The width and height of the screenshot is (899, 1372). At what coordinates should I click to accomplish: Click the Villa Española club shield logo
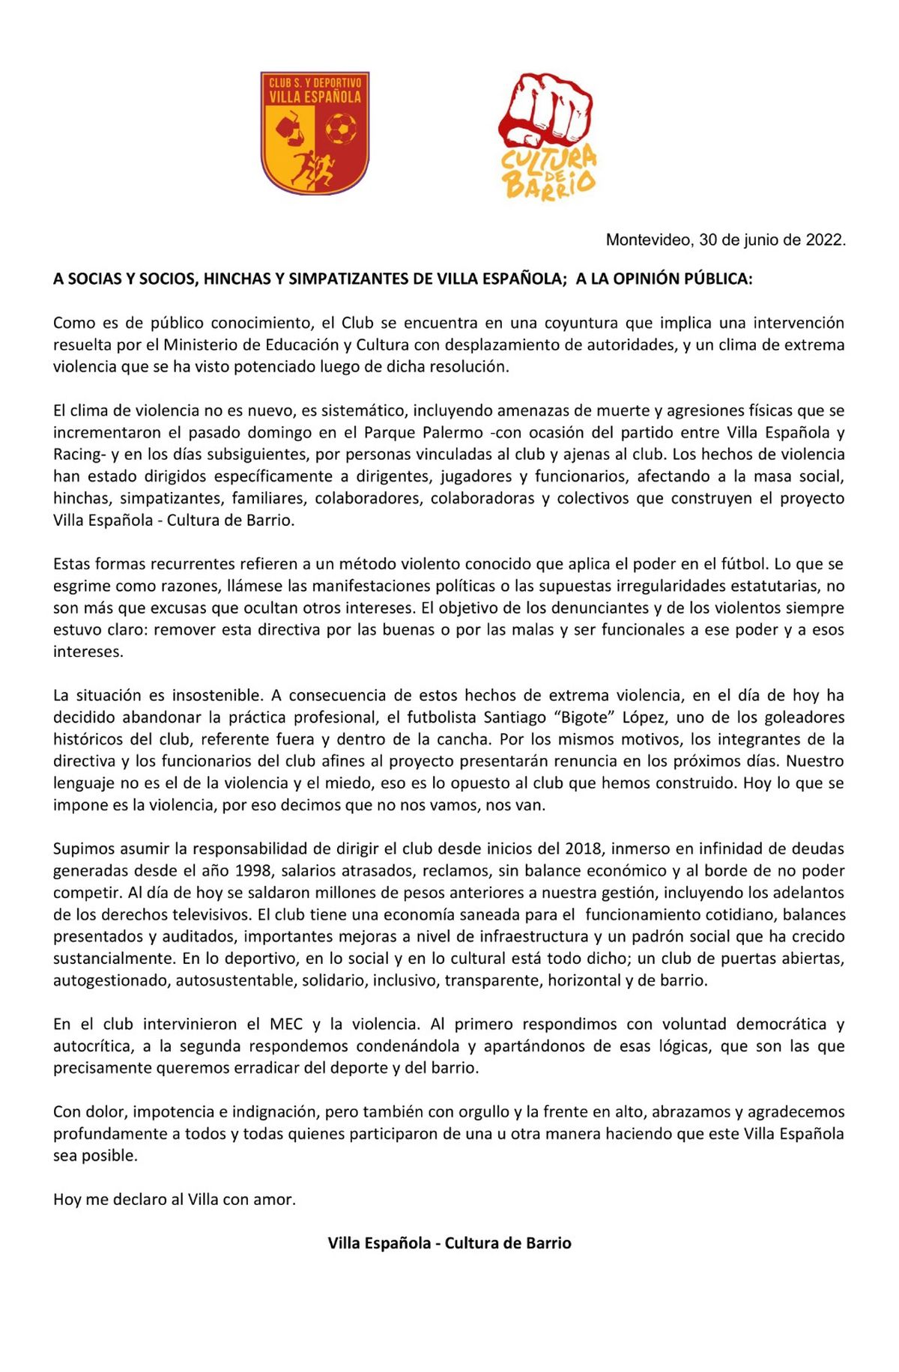click(315, 133)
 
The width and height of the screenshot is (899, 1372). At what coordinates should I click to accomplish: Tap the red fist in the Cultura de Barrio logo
click(545, 109)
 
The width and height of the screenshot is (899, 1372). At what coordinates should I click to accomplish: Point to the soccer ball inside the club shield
click(341, 129)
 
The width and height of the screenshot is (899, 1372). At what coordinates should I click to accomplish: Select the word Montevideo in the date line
click(648, 240)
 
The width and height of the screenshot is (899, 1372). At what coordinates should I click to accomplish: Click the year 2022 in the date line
click(824, 240)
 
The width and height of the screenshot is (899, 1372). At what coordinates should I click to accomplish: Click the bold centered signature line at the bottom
click(449, 1242)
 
